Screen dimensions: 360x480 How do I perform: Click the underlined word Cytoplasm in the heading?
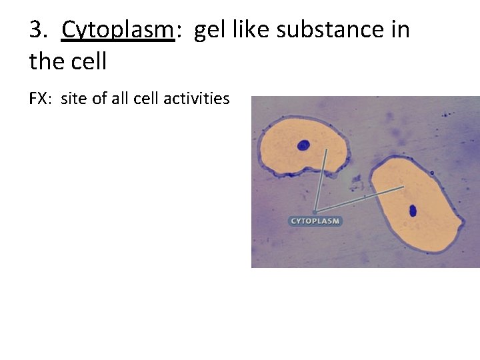pyautogui.click(x=117, y=31)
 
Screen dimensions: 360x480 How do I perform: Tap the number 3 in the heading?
pyautogui.click(x=37, y=30)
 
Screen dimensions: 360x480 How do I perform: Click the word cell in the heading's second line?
pyautogui.click(x=87, y=61)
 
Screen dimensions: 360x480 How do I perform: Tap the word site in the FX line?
pyautogui.click(x=73, y=99)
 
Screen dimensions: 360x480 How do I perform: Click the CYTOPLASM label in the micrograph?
pyautogui.click(x=315, y=221)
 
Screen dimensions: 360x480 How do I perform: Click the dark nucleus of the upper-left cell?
pyautogui.click(x=304, y=145)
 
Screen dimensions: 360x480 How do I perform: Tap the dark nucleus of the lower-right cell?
pyautogui.click(x=413, y=211)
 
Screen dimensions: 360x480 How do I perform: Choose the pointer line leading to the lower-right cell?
pyautogui.click(x=360, y=199)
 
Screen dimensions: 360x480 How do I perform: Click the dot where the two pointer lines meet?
pyautogui.click(x=315, y=212)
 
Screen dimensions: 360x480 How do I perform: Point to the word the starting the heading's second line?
pyautogui.click(x=45, y=61)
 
